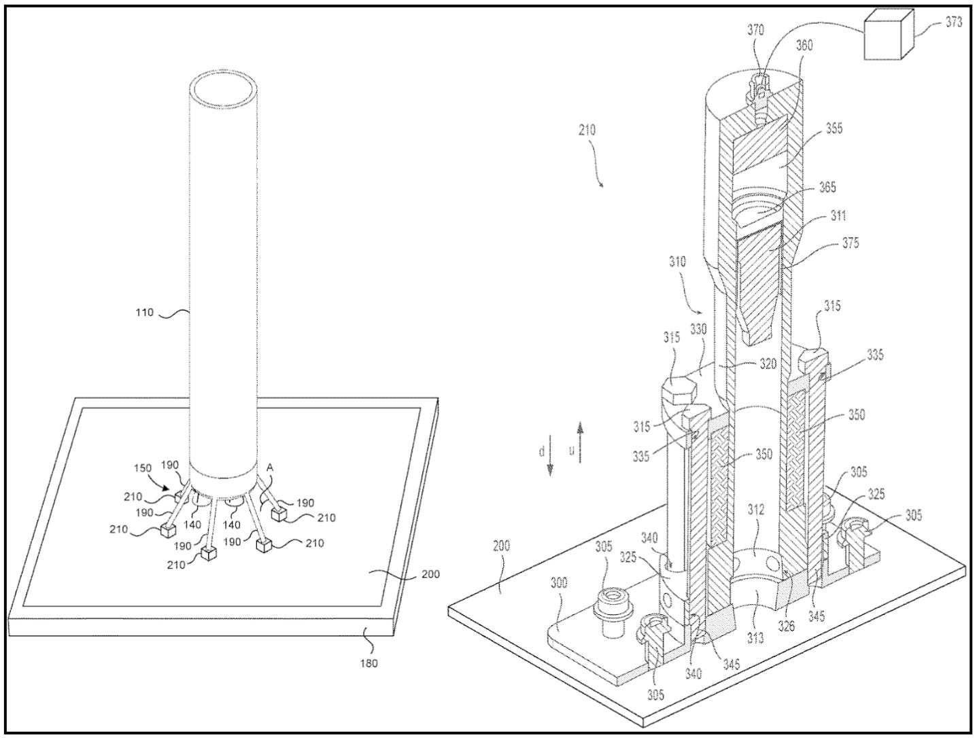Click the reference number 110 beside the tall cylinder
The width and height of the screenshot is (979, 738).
143,313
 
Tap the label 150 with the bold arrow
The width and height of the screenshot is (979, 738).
143,468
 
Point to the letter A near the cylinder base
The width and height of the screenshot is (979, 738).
270,467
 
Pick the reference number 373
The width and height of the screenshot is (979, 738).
953,22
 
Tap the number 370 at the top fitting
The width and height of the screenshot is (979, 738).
756,30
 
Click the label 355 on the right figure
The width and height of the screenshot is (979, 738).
834,128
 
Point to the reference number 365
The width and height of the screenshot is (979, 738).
827,188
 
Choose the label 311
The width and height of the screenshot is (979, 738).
838,215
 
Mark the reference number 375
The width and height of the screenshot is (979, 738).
850,244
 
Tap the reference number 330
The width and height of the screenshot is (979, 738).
698,329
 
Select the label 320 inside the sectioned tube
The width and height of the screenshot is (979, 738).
768,364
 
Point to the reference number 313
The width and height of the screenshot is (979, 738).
756,637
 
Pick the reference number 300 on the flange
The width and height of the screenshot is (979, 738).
561,584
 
